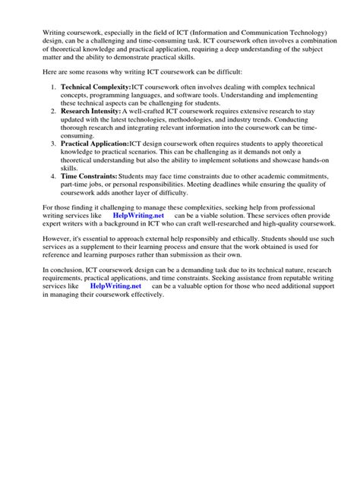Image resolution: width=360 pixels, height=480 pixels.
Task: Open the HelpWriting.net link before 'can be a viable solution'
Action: click(137, 216)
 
